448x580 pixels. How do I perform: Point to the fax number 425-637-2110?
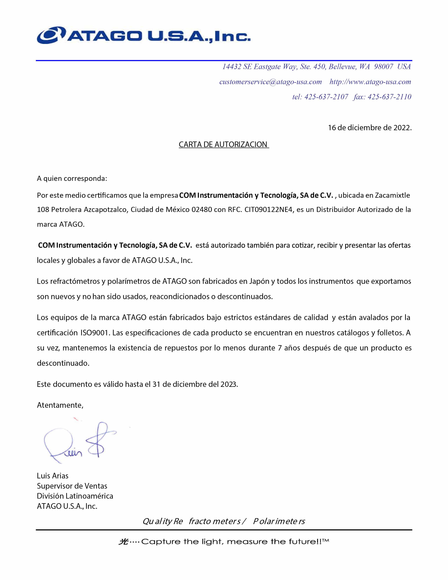click(x=389, y=97)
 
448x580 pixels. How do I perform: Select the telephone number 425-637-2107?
click(x=326, y=97)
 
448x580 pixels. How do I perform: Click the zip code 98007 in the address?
click(x=384, y=67)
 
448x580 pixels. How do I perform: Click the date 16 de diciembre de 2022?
click(x=369, y=128)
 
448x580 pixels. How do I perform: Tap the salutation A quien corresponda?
click(x=72, y=178)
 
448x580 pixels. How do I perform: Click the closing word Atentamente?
click(x=60, y=405)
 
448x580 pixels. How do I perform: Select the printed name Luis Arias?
click(x=53, y=476)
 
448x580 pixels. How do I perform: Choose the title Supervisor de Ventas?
click(x=72, y=486)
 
